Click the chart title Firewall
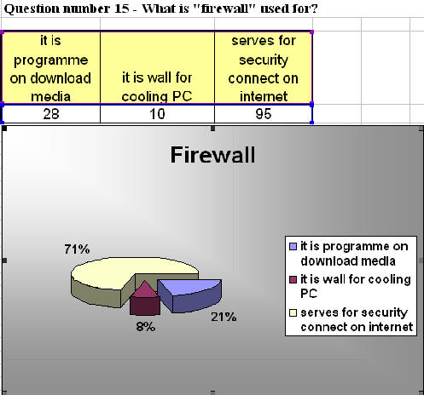pos(212,155)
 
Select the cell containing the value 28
pos(51,114)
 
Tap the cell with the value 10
pos(157,114)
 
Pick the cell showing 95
pos(264,114)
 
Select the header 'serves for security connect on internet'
pos(264,68)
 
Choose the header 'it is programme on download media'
pos(51,68)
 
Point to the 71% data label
pos(77,249)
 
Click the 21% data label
pos(224,317)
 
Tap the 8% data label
pos(146,327)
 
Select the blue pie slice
pos(190,295)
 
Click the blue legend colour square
pos(293,246)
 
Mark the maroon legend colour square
pos(293,279)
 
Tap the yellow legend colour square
pos(293,312)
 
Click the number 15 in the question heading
pos(121,9)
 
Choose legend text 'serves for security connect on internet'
pos(357,319)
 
